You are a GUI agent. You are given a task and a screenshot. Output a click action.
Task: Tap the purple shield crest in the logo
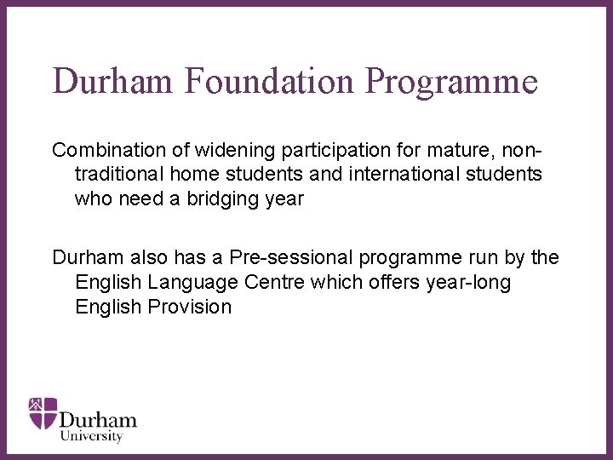(x=43, y=412)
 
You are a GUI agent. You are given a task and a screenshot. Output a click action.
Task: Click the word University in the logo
(x=91, y=435)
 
